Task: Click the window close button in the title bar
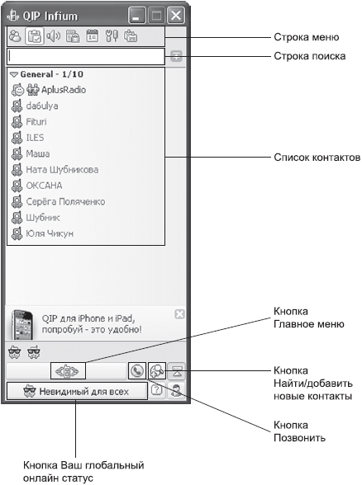point(176,16)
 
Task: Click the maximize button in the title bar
point(156,16)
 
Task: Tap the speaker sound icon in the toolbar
point(53,36)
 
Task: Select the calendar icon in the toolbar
point(92,36)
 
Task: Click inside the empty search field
point(86,57)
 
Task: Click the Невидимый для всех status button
point(77,391)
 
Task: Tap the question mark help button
point(157,390)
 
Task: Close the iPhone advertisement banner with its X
point(180,314)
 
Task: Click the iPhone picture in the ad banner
point(22,325)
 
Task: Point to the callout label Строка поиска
point(310,56)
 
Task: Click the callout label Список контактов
point(317,158)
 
